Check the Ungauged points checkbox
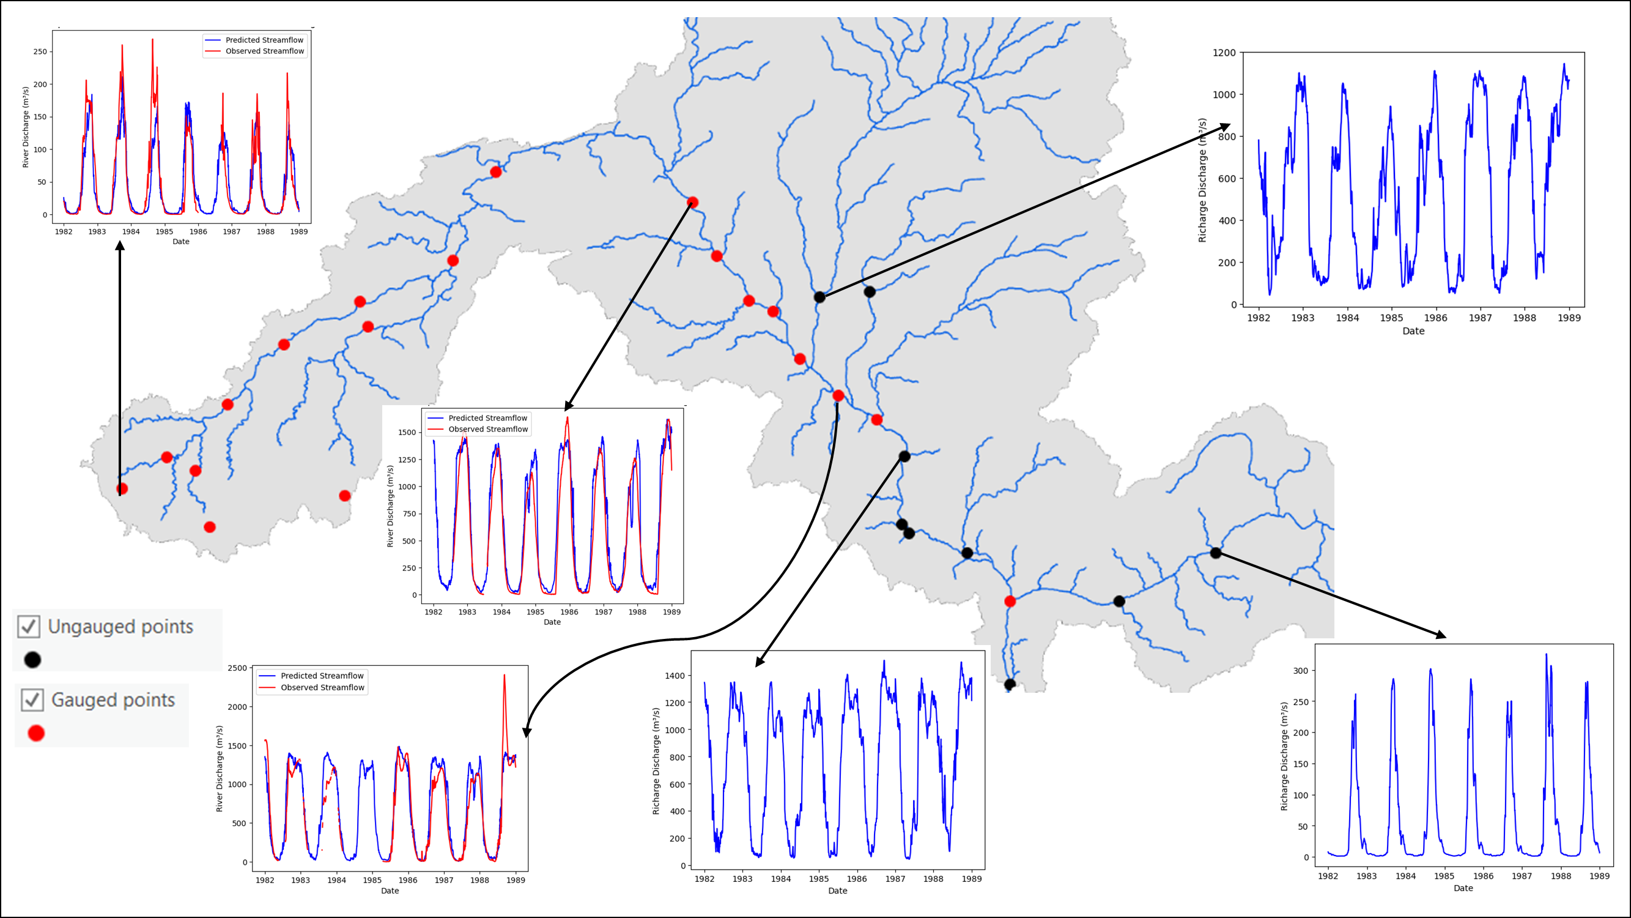pos(29,626)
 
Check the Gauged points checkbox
pos(32,700)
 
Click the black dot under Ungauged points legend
pos(32,660)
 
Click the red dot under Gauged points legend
pos(36,733)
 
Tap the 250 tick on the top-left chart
pos(40,51)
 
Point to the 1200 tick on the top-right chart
pos(1223,53)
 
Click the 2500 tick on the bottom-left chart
pos(237,668)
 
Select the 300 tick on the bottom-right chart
pos(1300,670)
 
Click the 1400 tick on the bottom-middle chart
pos(675,676)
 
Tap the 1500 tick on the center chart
pos(407,432)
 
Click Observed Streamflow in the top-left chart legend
pos(265,51)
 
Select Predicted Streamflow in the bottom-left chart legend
pos(322,676)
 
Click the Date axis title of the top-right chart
pos(1413,330)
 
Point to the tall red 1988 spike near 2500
pos(504,677)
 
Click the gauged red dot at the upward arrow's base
pos(122,488)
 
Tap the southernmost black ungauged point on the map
pos(1010,684)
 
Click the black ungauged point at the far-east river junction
pos(1215,553)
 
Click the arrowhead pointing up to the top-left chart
pos(120,245)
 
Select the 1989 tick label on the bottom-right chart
pos(1599,876)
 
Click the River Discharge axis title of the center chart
pos(390,506)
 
